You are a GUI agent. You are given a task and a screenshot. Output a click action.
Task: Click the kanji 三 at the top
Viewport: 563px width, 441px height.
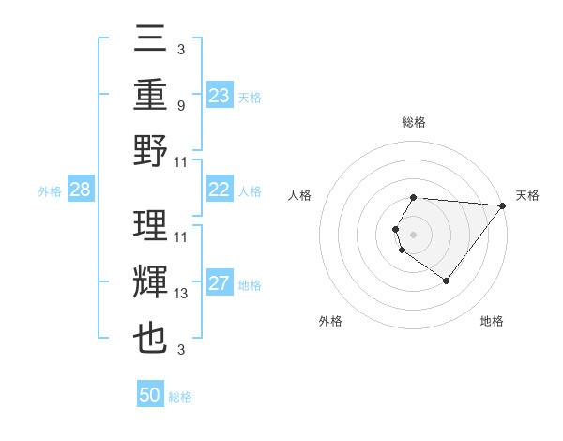point(151,40)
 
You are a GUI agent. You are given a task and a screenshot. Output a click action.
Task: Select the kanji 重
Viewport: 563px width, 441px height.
point(151,96)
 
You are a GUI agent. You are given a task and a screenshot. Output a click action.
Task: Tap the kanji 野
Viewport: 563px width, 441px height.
point(151,150)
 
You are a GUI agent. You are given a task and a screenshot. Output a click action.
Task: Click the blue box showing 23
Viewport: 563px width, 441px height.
point(220,96)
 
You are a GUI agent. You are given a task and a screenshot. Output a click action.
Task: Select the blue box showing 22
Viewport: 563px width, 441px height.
point(220,190)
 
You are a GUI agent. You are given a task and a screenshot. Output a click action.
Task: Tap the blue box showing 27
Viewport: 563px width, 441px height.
point(220,283)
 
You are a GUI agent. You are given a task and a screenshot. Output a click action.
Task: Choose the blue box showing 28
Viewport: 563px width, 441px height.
point(80,190)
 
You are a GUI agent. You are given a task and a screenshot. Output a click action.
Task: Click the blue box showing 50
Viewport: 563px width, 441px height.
point(150,395)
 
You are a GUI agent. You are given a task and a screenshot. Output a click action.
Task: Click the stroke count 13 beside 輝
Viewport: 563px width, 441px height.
point(181,294)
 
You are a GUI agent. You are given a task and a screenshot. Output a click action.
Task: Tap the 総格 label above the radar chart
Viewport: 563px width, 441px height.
point(414,123)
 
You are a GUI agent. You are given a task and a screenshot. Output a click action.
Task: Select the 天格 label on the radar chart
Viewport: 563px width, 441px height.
point(527,196)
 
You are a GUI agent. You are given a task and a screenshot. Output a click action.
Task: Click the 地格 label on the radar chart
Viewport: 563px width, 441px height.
point(492,322)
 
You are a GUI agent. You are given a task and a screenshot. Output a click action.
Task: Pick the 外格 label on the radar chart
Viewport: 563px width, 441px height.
point(330,322)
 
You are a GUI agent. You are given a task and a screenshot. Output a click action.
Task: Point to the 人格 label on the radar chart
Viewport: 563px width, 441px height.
point(301,196)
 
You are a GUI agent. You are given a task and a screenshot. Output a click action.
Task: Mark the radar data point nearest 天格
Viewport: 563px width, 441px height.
point(503,205)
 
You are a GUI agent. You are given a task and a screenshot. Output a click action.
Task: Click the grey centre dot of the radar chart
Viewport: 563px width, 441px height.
point(413,234)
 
